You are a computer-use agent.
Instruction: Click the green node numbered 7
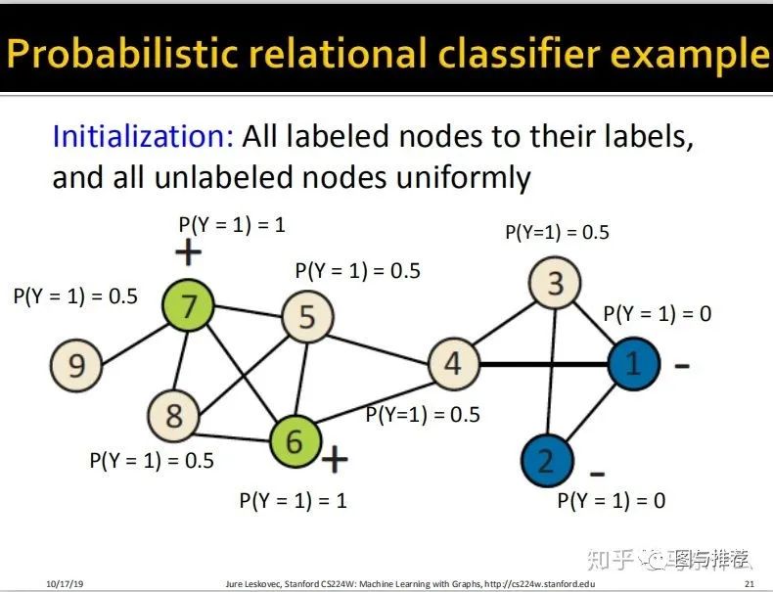189,306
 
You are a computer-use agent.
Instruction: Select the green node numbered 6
295,441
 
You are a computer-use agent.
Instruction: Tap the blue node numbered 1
632,364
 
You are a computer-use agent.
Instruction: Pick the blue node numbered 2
546,460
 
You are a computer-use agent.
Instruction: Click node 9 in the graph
76,365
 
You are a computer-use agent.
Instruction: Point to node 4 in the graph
452,364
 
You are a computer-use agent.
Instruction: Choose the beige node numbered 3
555,284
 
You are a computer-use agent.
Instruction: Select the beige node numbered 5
307,317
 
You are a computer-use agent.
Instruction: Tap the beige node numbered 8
173,415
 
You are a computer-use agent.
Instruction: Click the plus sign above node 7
188,253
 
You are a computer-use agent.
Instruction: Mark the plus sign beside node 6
335,459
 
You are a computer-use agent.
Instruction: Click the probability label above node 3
557,232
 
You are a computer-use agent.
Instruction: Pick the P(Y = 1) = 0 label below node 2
611,500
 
